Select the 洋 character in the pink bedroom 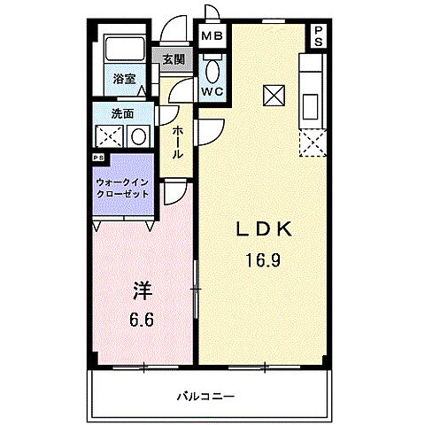click(x=142, y=290)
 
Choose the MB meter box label click(x=212, y=36)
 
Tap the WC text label click(x=212, y=92)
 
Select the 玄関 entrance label click(x=174, y=60)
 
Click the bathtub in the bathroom click(x=123, y=51)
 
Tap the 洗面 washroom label click(x=122, y=113)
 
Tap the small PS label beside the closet click(x=97, y=159)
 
